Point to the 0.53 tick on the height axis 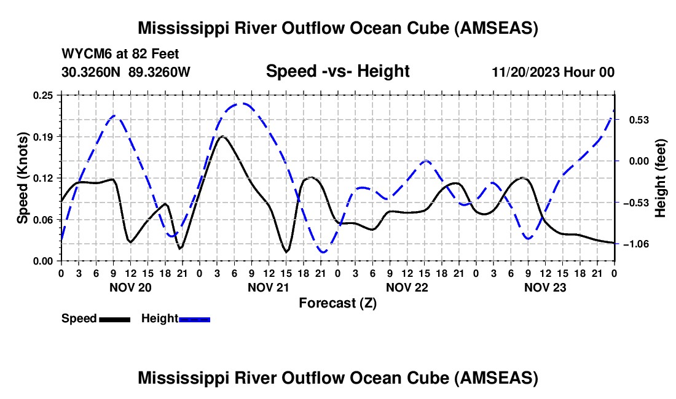[x=631, y=119]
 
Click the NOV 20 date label [x=130, y=287]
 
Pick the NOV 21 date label [x=268, y=287]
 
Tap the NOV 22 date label [x=406, y=287]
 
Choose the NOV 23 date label [x=544, y=287]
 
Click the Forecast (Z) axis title [x=337, y=303]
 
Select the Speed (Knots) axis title [x=22, y=178]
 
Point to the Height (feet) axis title [x=661, y=178]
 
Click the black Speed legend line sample [x=114, y=319]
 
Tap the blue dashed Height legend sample [x=194, y=319]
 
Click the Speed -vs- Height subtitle [x=337, y=72]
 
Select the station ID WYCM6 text [x=83, y=55]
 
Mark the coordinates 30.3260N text [x=92, y=72]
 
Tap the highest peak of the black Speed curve [x=222, y=136]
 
